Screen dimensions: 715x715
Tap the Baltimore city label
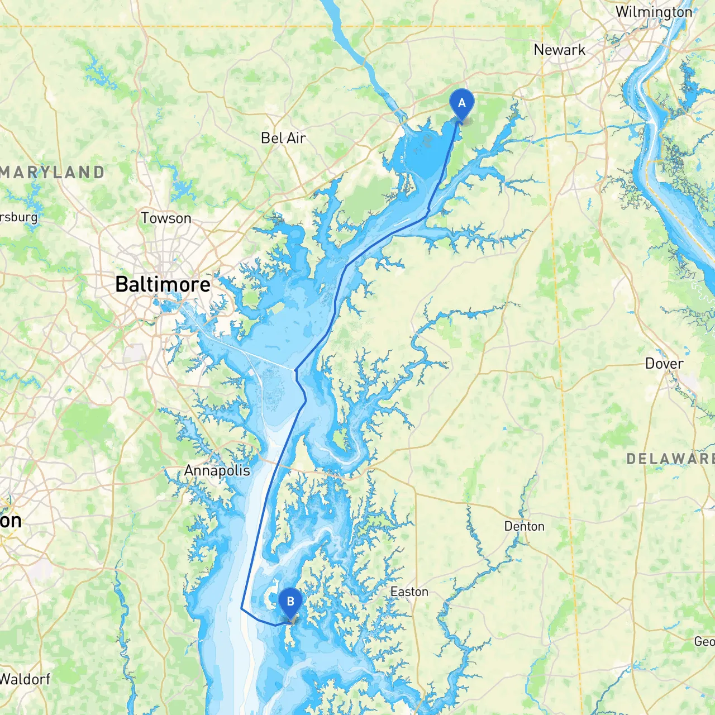point(163,284)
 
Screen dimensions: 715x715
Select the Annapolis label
point(217,470)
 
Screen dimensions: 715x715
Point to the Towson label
point(166,218)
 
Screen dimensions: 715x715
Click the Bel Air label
point(283,138)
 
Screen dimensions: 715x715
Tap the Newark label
point(559,50)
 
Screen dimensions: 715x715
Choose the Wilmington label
point(654,12)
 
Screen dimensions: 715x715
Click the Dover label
point(664,364)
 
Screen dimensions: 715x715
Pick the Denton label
point(524,526)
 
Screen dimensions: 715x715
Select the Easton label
point(409,592)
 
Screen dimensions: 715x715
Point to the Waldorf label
point(25,679)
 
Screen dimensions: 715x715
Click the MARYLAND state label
point(52,172)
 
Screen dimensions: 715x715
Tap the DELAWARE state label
point(670,459)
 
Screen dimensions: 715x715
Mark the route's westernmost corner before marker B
point(241,608)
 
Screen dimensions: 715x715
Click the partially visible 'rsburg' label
point(18,217)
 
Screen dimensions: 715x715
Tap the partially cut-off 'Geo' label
point(704,641)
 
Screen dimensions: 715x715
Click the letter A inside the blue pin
point(461,103)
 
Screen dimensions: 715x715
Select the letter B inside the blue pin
point(290,601)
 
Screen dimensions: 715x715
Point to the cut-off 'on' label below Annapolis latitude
point(11,521)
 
